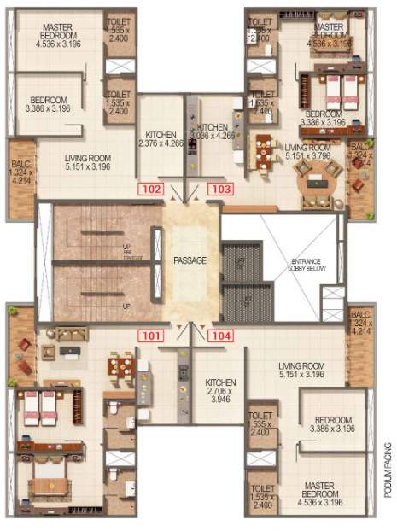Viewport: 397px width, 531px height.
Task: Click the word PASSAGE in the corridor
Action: click(189, 260)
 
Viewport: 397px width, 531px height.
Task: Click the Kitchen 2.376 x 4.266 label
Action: click(162, 139)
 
